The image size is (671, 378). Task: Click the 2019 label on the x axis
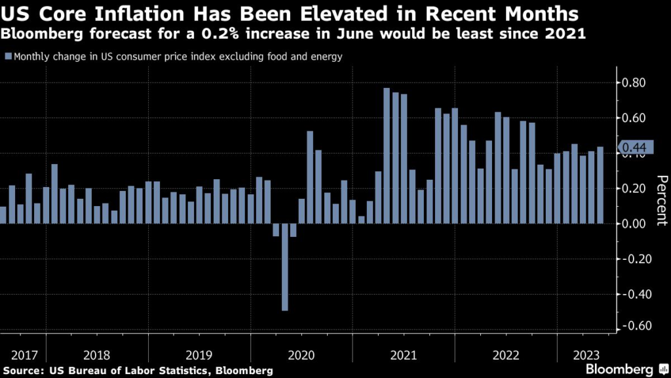coord(199,355)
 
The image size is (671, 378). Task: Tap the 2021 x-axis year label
coord(404,355)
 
